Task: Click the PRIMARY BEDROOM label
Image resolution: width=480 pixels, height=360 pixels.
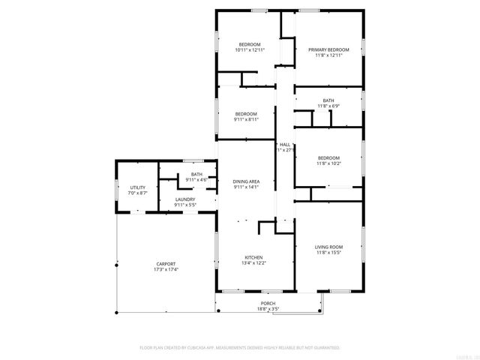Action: point(328,49)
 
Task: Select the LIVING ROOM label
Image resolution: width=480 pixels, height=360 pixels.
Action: point(328,247)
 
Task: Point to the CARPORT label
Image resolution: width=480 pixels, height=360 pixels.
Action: point(166,263)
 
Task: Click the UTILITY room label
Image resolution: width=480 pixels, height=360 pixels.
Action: point(138,187)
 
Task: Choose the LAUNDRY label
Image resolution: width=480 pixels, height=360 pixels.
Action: point(185,199)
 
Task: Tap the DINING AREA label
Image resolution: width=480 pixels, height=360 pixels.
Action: point(246,181)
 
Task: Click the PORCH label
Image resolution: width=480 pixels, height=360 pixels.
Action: point(268,303)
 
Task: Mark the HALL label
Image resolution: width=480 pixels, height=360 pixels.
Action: point(285,144)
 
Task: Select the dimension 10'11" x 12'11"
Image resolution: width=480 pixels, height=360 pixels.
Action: point(250,50)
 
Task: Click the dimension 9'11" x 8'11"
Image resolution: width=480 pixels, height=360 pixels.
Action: point(246,119)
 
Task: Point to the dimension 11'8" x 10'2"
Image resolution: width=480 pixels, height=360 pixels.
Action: point(328,163)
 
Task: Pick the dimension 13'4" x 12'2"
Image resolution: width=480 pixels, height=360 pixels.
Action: point(253,263)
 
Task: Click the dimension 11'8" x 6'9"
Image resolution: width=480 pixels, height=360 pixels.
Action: point(328,106)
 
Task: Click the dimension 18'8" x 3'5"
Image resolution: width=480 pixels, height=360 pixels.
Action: point(268,309)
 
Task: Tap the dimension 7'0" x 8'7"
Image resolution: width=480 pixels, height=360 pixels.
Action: point(138,193)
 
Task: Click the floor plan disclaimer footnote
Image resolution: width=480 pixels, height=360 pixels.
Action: point(240,348)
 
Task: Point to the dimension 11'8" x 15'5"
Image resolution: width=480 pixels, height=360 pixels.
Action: point(328,253)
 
